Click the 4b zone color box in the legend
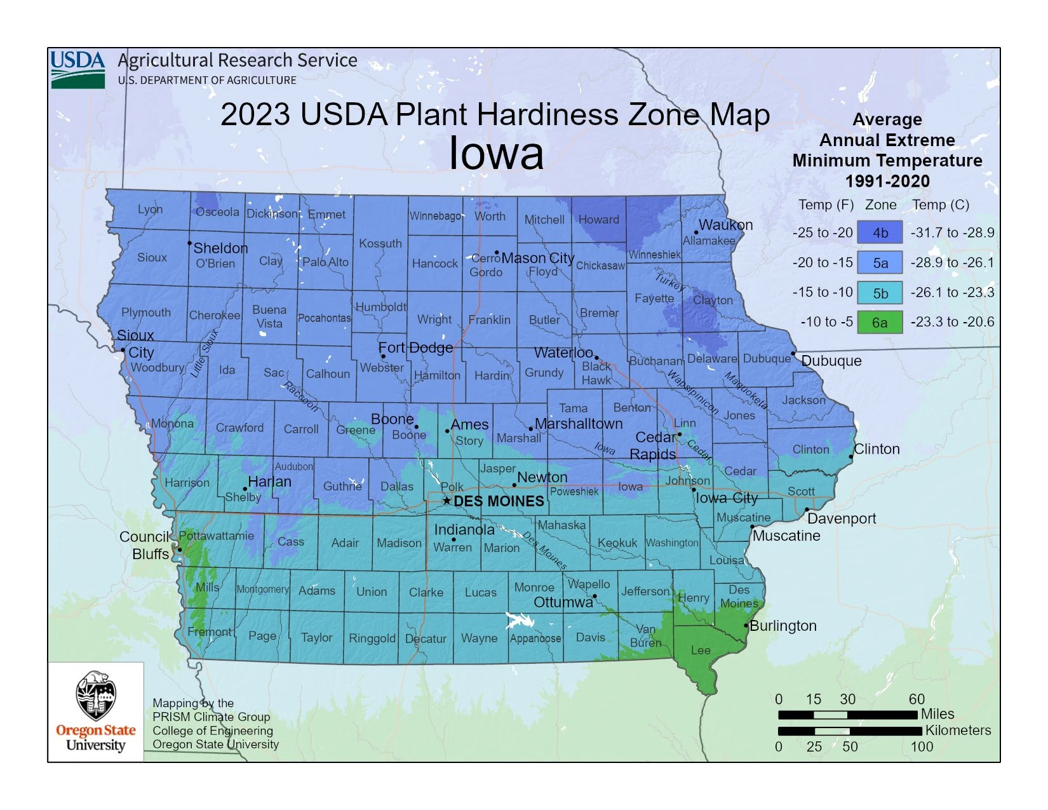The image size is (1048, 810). (x=880, y=233)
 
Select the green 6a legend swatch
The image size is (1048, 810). (x=880, y=322)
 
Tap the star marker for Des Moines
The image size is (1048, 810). (x=447, y=501)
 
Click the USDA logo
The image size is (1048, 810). (x=77, y=69)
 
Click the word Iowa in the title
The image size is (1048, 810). (x=496, y=153)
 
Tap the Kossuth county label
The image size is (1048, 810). (x=380, y=243)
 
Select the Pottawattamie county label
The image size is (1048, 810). (x=217, y=536)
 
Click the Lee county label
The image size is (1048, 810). (x=701, y=650)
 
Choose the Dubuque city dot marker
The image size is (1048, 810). (x=793, y=353)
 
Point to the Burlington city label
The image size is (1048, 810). (x=783, y=626)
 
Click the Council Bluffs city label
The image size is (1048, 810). (x=145, y=545)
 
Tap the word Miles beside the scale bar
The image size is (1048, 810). (x=937, y=713)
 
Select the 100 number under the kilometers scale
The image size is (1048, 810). (x=922, y=746)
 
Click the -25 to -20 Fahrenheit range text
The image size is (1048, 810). (x=822, y=233)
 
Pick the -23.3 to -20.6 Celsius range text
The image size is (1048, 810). (x=952, y=322)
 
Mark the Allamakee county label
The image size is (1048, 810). (x=709, y=241)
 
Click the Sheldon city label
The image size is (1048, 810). (x=220, y=248)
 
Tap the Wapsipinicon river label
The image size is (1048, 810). (x=692, y=392)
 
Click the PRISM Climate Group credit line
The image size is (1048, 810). (x=211, y=717)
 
